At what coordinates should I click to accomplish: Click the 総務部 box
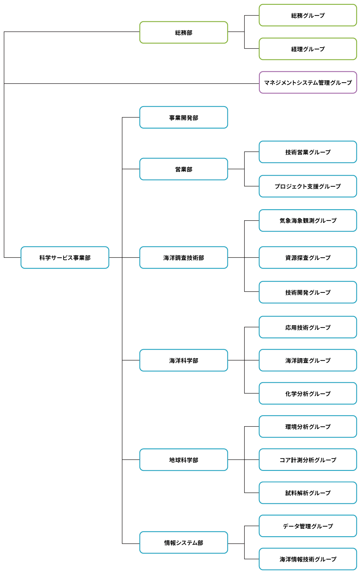pos(184,32)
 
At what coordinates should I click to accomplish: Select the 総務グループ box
pos(308,15)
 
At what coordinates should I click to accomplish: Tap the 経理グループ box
pos(308,49)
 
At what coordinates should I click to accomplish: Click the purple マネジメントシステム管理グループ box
pos(308,82)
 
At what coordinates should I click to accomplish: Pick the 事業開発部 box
pos(184,117)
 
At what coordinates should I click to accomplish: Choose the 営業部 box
pos(184,169)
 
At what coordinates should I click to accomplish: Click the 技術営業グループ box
pos(308,152)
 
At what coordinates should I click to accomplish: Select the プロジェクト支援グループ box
pos(308,186)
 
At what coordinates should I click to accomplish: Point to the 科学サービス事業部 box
pos(65,257)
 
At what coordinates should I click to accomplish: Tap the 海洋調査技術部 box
pos(184,257)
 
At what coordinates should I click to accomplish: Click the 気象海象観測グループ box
pos(308,221)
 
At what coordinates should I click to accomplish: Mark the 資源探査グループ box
pos(308,257)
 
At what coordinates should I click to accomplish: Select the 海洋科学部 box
pos(184,360)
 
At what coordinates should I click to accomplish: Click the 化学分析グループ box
pos(308,393)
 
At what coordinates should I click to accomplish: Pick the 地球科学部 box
pos(184,459)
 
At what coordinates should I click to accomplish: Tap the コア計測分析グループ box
pos(308,459)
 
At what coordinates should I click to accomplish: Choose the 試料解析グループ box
pos(308,493)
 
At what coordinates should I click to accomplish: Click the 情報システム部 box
pos(184,543)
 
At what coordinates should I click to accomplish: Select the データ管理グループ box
pos(308,526)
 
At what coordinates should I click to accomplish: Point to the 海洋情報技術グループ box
pos(308,559)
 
